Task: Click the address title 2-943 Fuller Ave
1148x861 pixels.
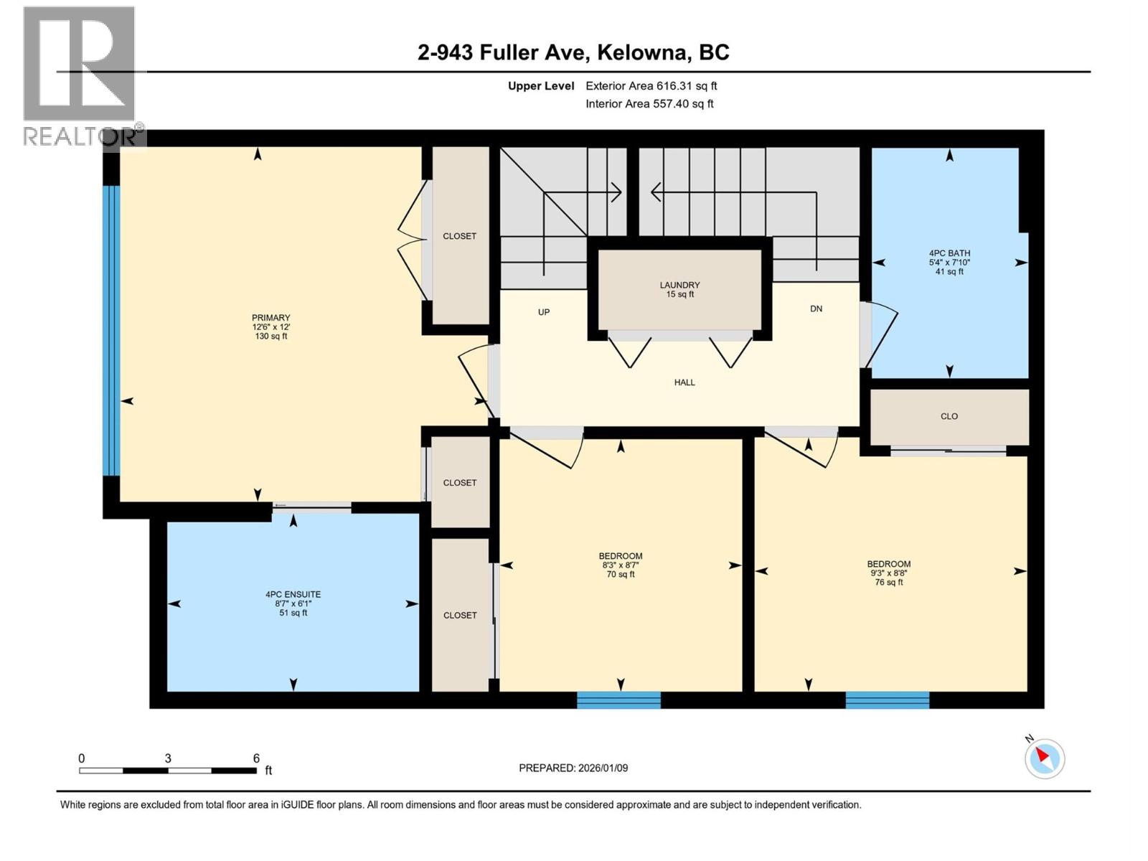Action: (573, 52)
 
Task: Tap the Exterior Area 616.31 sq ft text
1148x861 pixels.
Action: (651, 86)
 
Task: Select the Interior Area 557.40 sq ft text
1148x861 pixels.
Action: (649, 104)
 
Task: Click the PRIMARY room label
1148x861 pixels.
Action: (270, 326)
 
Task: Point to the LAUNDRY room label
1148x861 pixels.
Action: (679, 289)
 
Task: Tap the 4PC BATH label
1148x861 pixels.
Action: (949, 262)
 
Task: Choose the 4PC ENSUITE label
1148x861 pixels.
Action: (293, 603)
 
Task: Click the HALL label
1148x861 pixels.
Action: (684, 382)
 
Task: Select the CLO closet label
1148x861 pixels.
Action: (949, 416)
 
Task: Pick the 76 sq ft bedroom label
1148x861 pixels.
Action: (888, 573)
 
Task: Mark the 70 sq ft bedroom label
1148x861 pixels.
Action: (620, 565)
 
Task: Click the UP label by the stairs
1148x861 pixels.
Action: (544, 312)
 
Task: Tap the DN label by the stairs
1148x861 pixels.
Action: (816, 309)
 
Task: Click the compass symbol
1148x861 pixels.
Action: (1044, 758)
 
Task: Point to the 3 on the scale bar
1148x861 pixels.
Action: (168, 758)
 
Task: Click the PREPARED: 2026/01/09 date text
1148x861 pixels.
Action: (573, 768)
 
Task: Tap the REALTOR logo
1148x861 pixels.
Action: (80, 75)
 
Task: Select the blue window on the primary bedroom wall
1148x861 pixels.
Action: (110, 330)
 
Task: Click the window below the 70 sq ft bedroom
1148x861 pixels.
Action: (618, 700)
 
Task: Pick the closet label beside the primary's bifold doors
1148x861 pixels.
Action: (459, 236)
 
